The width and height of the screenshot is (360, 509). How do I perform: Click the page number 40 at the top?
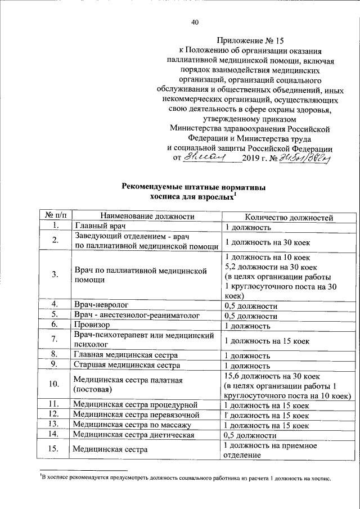(195, 22)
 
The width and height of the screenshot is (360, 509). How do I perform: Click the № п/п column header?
(55, 216)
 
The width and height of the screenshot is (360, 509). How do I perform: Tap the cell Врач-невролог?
(102, 305)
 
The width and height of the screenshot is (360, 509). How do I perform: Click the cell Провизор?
(93, 325)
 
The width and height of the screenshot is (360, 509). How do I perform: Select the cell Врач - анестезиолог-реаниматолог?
(134, 316)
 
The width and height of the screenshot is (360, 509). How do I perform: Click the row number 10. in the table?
(55, 385)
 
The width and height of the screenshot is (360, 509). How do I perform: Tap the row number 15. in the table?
(55, 449)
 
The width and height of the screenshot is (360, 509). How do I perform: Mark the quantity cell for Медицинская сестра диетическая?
(250, 435)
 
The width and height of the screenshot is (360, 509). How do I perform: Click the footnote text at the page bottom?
(186, 479)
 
